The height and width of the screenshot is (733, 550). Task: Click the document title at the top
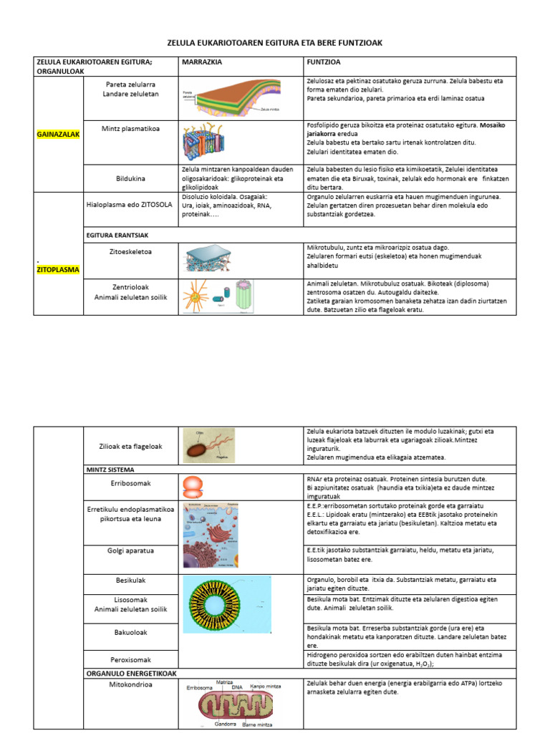coord(275,44)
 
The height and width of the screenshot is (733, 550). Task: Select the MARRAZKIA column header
coord(203,62)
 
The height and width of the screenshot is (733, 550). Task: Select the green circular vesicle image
coord(227,603)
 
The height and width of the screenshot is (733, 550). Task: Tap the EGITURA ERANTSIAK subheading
coord(117,234)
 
